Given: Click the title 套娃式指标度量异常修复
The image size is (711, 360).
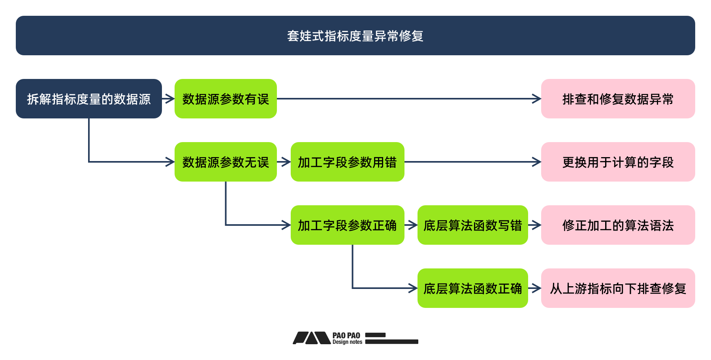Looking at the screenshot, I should [x=355, y=36].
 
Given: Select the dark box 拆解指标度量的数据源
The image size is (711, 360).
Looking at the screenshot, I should [x=89, y=99].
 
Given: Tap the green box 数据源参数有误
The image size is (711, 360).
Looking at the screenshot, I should [x=226, y=99].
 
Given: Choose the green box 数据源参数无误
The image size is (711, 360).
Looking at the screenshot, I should [x=226, y=162].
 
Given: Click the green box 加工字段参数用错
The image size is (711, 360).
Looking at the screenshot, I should [x=347, y=162].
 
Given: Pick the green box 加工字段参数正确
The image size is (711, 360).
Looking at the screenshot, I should [x=347, y=225].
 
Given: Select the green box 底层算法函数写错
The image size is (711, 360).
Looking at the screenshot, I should [x=472, y=225].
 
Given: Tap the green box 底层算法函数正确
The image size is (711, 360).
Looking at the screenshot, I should [x=472, y=288].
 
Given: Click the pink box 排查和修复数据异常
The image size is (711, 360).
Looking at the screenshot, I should [x=618, y=99].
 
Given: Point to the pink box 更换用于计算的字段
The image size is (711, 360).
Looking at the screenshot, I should [x=618, y=162].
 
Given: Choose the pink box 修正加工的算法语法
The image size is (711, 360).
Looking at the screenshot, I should [x=618, y=225].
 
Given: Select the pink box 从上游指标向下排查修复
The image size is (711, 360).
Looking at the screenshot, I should [x=618, y=288].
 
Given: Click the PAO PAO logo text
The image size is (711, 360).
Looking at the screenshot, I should [x=346, y=338].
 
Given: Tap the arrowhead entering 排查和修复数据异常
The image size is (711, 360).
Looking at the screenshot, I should [x=537, y=99].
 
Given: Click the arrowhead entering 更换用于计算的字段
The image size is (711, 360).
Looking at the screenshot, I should [x=537, y=162].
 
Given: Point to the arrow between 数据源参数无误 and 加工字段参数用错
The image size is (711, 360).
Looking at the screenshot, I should [x=284, y=162].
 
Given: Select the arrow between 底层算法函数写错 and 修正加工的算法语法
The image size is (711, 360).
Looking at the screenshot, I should [x=534, y=225].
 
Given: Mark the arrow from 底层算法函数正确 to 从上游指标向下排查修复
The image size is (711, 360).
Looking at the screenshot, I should [x=534, y=288].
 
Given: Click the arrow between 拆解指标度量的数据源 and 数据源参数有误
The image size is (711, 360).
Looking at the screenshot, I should [x=168, y=99].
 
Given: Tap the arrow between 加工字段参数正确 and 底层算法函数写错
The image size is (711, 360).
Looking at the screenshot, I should [x=411, y=225].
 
